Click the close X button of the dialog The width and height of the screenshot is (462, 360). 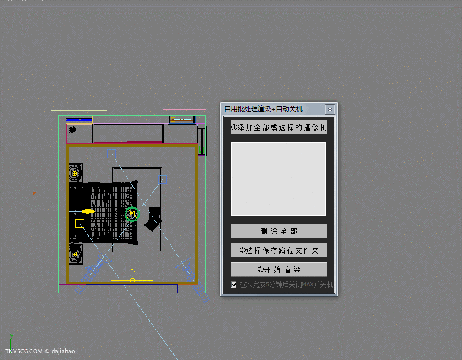(330, 110)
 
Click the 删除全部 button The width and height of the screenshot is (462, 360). (279, 231)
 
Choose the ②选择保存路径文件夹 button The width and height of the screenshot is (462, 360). (279, 250)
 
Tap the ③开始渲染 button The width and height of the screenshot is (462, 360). (279, 269)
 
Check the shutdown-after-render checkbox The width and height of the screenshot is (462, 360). (234, 285)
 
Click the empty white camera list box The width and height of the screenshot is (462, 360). (279, 179)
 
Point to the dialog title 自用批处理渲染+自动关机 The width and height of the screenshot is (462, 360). (263, 109)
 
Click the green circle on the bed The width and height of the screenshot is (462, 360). (132, 213)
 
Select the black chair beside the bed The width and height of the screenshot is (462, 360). (153, 219)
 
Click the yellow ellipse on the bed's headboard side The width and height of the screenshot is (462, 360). (88, 211)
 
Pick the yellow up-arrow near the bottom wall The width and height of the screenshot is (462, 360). (132, 275)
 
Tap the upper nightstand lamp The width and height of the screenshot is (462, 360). (75, 173)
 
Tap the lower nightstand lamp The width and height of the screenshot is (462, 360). (75, 254)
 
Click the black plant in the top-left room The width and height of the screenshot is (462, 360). (72, 130)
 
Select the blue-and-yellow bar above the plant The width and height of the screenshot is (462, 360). (79, 120)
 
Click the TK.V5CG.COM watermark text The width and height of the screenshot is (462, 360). (24, 351)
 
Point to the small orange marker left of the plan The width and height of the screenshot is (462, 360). (34, 193)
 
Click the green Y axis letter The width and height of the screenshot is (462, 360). (12, 336)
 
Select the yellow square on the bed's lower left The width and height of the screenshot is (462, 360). (80, 223)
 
